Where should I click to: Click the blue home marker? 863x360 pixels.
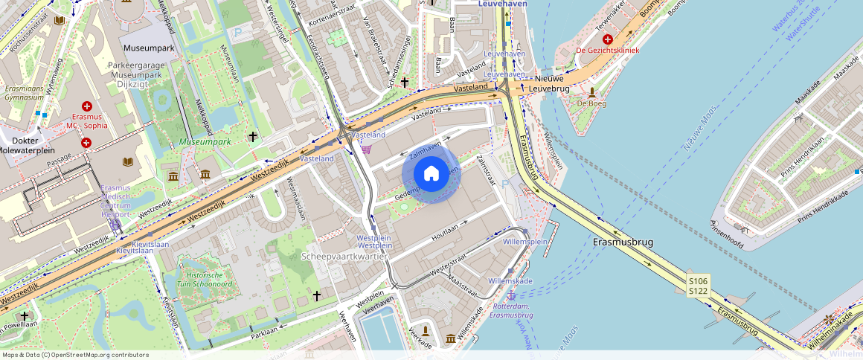coord(431,174)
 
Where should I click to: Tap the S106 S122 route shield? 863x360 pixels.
coord(698,285)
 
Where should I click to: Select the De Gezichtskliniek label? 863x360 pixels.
coord(607,51)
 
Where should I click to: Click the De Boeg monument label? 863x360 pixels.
coord(591,103)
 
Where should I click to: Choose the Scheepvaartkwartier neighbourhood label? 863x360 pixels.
coord(344,256)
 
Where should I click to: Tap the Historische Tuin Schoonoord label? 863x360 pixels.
coord(204,280)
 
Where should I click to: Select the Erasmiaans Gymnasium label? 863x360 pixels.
coord(25,92)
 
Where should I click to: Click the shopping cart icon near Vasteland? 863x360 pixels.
coord(365,150)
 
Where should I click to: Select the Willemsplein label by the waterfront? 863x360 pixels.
coord(524,242)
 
